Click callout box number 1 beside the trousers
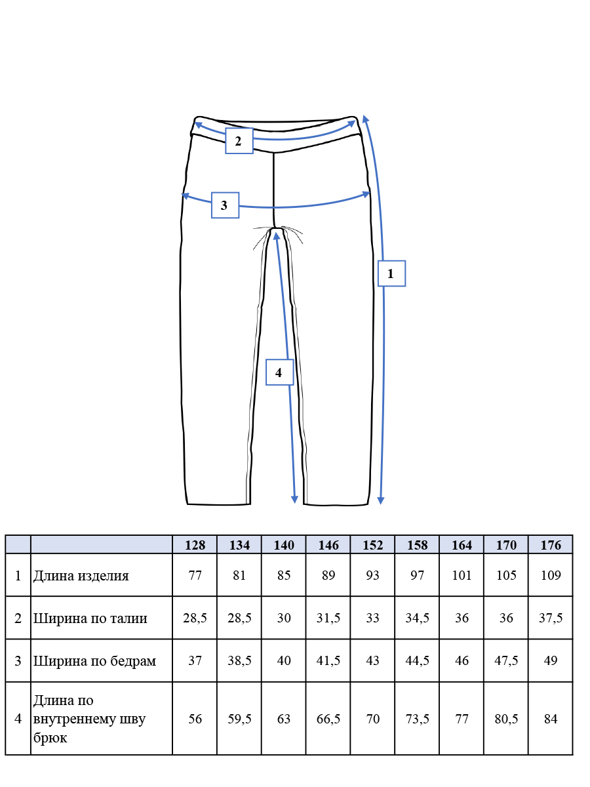[391, 273]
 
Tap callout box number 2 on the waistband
[239, 141]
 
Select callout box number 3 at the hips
[225, 205]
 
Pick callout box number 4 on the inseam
[279, 372]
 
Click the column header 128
[195, 545]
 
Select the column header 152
[372, 545]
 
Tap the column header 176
[551, 545]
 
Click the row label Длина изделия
[81, 576]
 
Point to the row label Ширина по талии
[90, 618]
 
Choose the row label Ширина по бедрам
[94, 661]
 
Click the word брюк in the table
[50, 738]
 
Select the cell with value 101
[462, 575]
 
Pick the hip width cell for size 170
[506, 660]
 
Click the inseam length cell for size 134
[239, 719]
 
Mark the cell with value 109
[551, 575]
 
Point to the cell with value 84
[551, 719]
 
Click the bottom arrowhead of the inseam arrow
[294, 500]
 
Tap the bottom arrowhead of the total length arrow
[381, 500]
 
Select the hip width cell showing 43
[372, 660]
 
